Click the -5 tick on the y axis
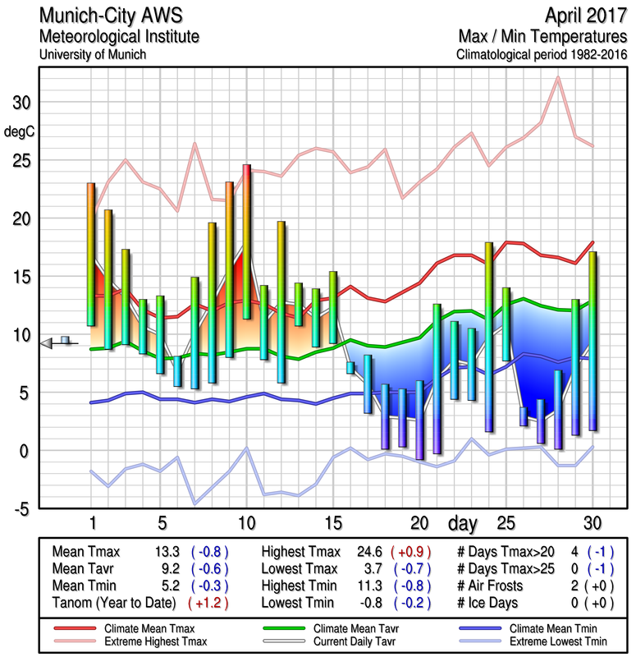(x=21, y=509)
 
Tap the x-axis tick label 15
(x=333, y=523)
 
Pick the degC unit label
(x=21, y=131)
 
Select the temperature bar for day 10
(x=246, y=241)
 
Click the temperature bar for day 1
(x=91, y=255)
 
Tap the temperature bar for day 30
(x=593, y=341)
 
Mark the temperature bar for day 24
(x=489, y=337)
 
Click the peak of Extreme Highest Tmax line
(x=558, y=77)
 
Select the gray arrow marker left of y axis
(x=48, y=343)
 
